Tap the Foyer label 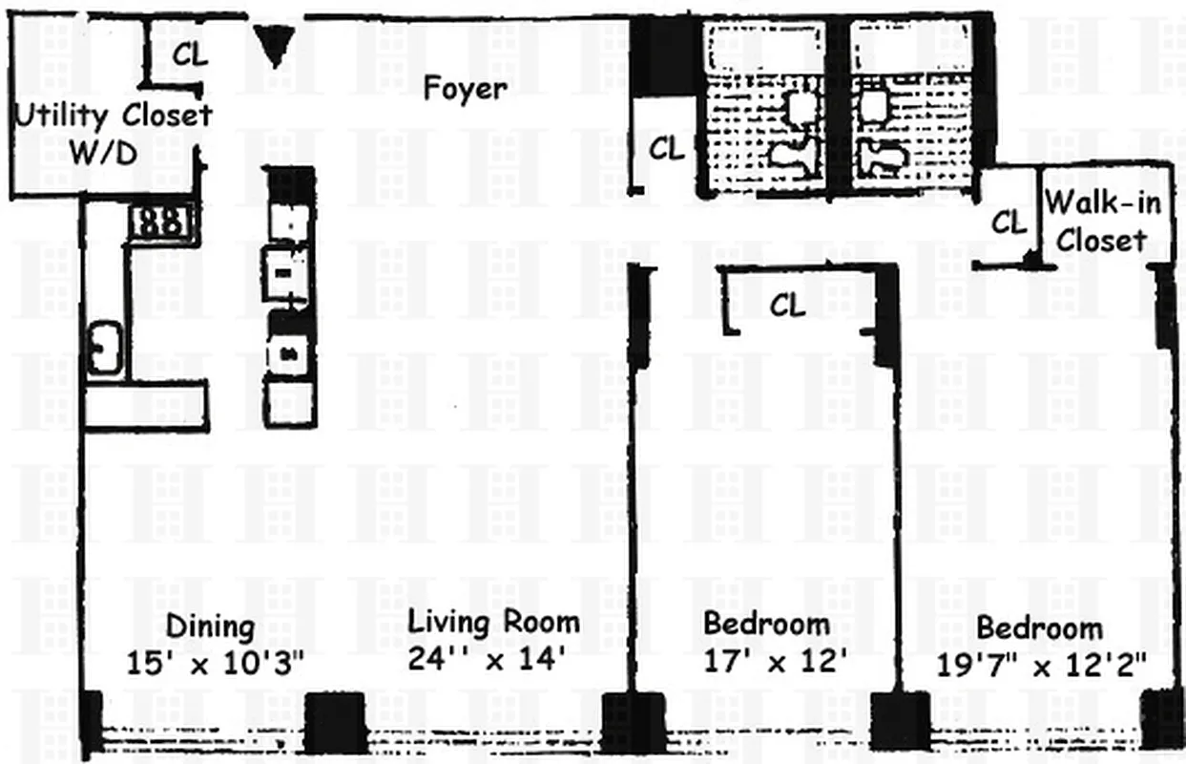465,89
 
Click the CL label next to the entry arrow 190,54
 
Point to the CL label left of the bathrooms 667,149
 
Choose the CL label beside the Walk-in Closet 1009,223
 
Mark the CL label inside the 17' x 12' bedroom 787,306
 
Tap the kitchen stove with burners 161,222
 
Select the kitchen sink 104,349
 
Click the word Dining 210,627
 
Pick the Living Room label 493,622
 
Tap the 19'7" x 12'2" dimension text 1040,662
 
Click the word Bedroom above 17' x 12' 766,624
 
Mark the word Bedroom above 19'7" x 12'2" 1039,627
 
